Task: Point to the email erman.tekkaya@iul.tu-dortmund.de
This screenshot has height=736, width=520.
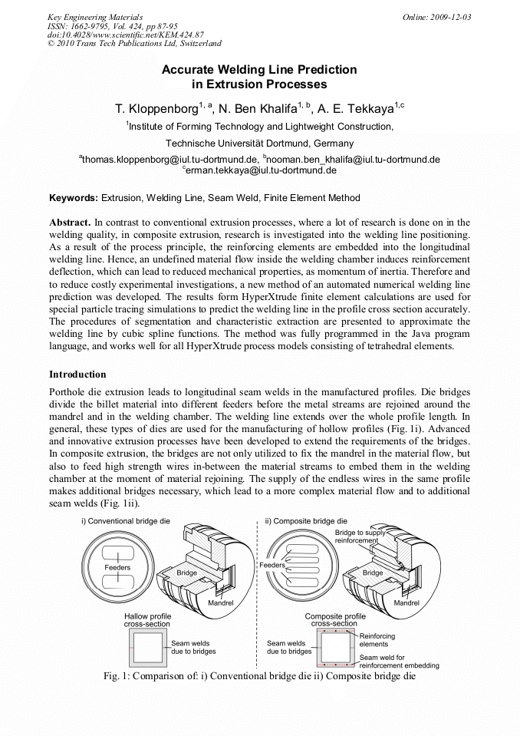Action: (261, 170)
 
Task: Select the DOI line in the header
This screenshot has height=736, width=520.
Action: (125, 35)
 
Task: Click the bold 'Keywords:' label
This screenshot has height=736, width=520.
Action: (74, 198)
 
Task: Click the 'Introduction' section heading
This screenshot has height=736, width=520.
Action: (77, 375)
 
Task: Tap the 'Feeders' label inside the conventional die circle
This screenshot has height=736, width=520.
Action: (117, 568)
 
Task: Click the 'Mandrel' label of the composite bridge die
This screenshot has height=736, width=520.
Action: (406, 603)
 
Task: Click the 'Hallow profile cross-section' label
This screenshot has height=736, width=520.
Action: (147, 620)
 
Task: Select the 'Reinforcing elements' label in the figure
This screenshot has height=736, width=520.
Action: (377, 640)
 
